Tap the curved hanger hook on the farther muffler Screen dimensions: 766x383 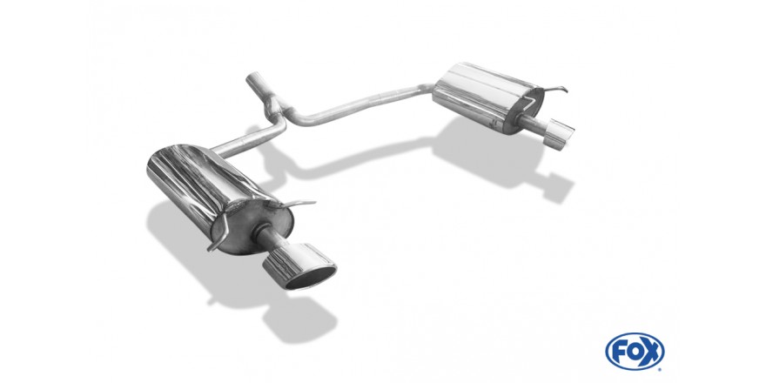tap(557, 90)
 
